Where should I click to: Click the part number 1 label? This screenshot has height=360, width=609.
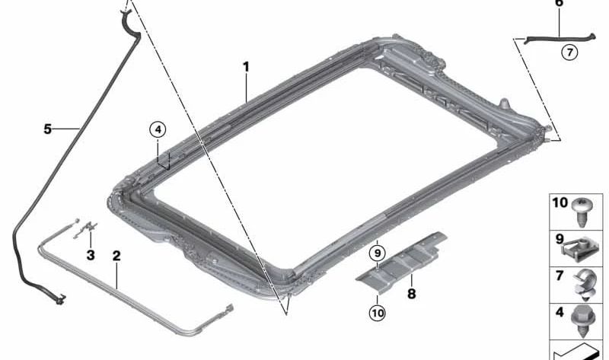tap(246, 67)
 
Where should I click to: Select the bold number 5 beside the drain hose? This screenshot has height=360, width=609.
tap(47, 129)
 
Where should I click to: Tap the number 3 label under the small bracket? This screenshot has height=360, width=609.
tap(91, 255)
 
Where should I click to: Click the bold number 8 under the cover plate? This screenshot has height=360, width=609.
tap(412, 292)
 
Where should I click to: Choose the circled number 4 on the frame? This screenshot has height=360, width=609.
tap(157, 129)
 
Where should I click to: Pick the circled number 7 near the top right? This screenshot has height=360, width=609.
tap(570, 53)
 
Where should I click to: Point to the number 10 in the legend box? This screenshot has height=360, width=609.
tap(560, 203)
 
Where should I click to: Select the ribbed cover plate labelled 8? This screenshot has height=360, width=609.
tap(407, 263)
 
